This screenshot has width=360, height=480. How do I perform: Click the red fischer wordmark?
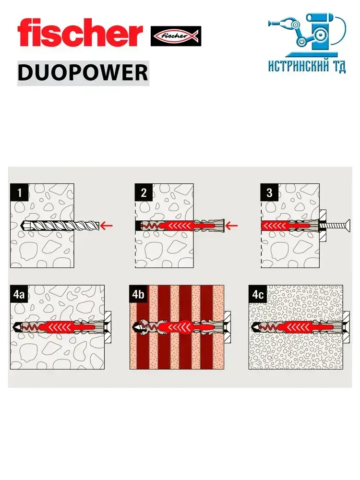[80, 33]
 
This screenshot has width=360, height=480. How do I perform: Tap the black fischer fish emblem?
[176, 36]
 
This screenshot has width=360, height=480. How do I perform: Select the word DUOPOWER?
[83, 73]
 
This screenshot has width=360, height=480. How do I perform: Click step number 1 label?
[19, 193]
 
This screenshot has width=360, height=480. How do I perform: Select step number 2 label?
[144, 193]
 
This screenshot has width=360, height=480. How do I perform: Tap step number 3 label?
[269, 193]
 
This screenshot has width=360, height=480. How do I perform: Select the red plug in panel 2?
[178, 225]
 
